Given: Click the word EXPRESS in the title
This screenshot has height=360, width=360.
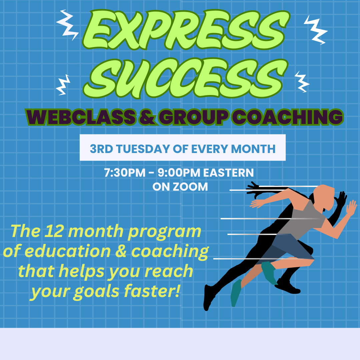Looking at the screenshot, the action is (x=186, y=30).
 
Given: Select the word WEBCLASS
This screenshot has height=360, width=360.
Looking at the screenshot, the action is (x=81, y=117).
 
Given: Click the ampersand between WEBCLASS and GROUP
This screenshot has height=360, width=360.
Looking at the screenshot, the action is (x=147, y=117).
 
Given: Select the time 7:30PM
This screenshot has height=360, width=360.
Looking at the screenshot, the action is (x=125, y=173).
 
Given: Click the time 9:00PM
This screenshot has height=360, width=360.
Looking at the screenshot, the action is (x=179, y=173).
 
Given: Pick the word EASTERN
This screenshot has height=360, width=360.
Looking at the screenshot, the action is (x=228, y=173).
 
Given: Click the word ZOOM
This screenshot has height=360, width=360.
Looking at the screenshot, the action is (x=190, y=187).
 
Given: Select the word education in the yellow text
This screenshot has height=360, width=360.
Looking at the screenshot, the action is (x=67, y=251).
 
